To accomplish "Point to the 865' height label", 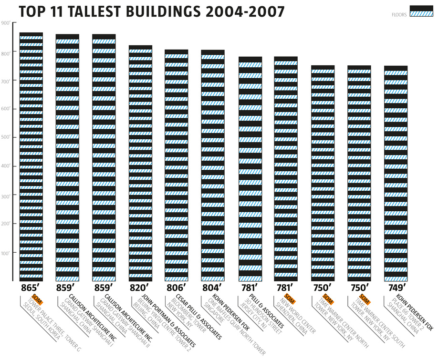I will click(31, 288).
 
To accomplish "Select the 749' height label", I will click(396, 288).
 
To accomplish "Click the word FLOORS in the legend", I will click(399, 15).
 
